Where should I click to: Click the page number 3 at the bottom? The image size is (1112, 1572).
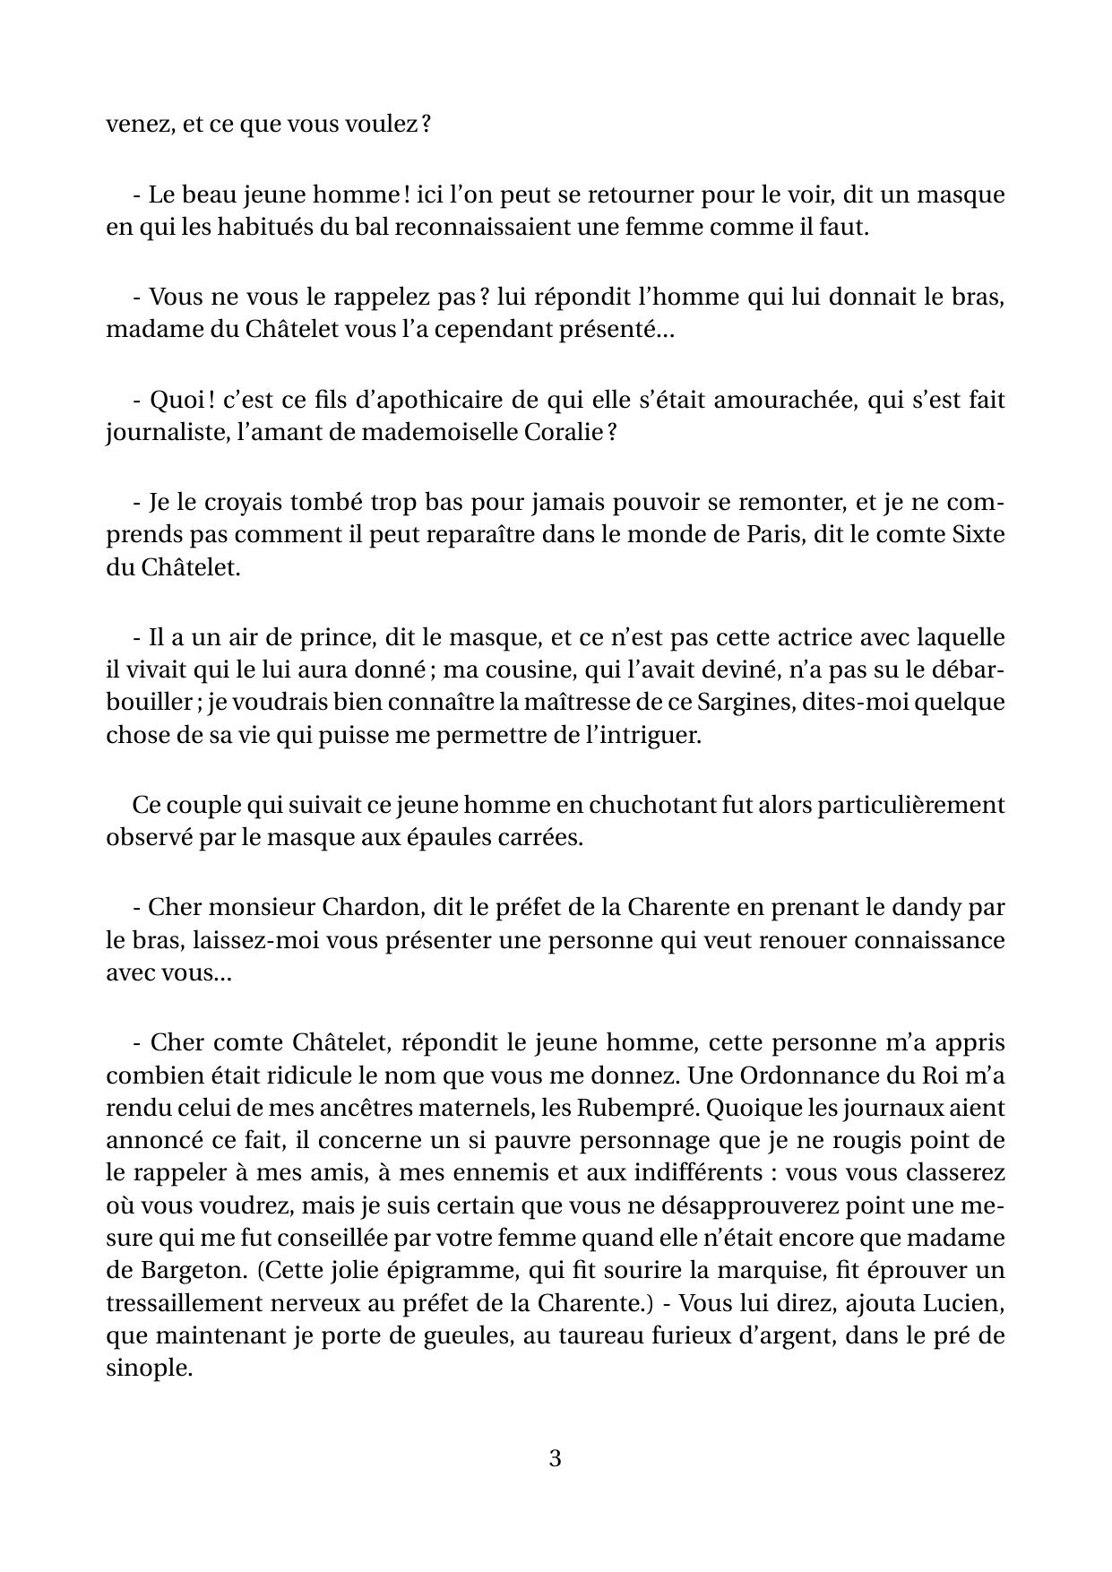[x=555, y=1459]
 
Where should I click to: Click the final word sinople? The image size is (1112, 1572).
[x=149, y=1369]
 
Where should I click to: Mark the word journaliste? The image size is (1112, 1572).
[x=156, y=433]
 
